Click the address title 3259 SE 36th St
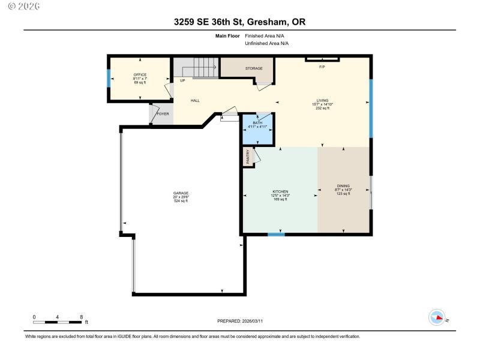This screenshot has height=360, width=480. click(239, 22)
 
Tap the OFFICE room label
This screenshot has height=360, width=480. click(140, 75)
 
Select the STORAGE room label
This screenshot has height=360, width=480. click(254, 68)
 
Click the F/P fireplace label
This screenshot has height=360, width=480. click(322, 66)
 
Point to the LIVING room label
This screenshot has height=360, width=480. click(323, 101)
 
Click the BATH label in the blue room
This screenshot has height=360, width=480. click(257, 123)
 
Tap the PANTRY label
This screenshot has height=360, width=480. click(248, 157)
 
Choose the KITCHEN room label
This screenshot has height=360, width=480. click(280, 191)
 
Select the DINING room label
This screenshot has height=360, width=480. click(343, 186)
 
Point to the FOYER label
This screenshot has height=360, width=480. click(163, 113)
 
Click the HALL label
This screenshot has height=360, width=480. click(195, 101)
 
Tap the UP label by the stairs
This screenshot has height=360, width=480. click(182, 80)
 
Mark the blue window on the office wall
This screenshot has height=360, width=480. click(109, 79)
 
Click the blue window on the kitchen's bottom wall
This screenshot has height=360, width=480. click(276, 235)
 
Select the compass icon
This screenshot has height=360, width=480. click(437, 317)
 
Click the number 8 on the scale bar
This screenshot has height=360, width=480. click(81, 316)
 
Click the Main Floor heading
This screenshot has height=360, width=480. click(227, 36)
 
